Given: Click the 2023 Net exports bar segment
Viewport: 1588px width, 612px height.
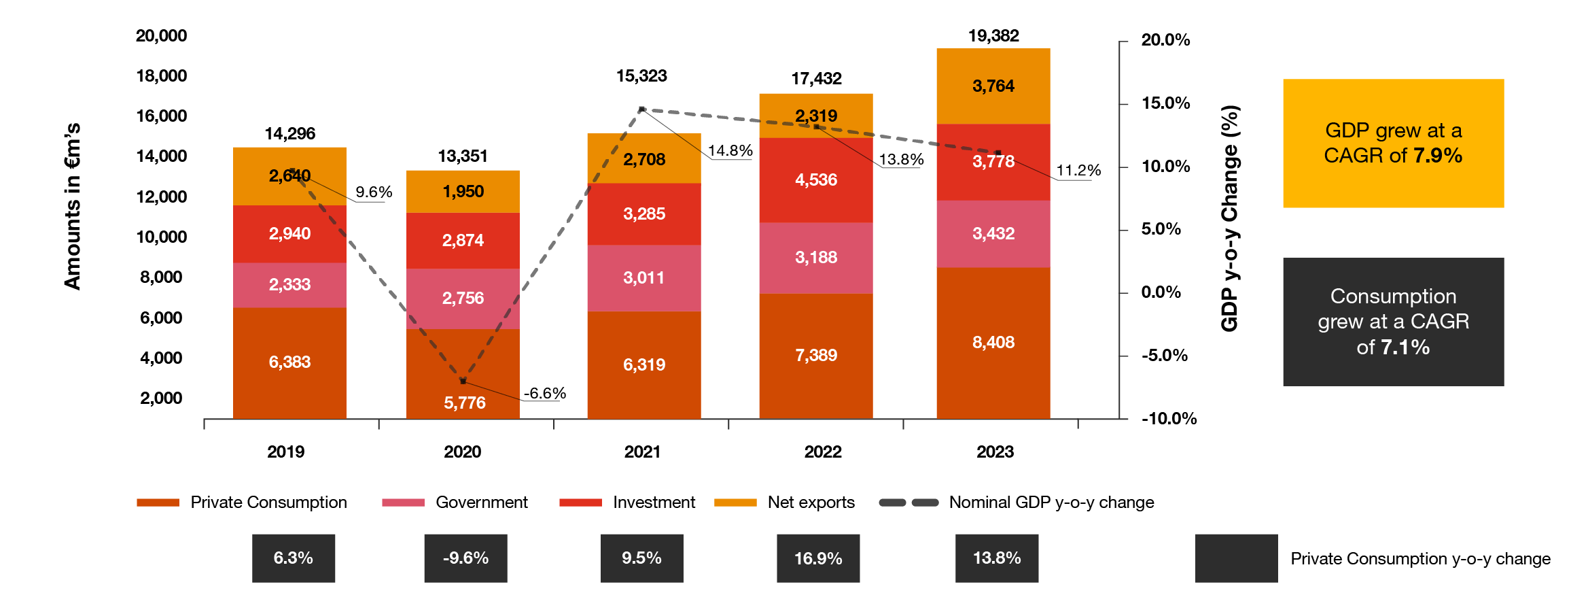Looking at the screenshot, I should (993, 86).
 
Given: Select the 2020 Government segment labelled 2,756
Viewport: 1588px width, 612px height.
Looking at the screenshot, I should (463, 298).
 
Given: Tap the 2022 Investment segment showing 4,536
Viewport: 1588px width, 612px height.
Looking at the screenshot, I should (815, 180).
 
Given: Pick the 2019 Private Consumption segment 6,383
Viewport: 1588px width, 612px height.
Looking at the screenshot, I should (289, 362).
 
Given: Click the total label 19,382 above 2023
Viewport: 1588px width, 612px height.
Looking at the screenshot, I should (993, 35).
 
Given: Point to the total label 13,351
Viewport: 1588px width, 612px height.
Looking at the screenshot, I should (463, 156).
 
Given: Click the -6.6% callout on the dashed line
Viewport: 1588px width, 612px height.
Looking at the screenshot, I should (544, 393).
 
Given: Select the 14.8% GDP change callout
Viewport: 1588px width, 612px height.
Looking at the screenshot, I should (730, 150).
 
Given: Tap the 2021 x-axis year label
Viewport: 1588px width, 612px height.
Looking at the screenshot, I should (642, 452).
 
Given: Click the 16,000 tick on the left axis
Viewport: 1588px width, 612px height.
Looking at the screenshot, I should (161, 116).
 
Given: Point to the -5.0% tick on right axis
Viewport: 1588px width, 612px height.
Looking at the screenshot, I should (1165, 356).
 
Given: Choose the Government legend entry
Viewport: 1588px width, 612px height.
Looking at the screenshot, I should (455, 503).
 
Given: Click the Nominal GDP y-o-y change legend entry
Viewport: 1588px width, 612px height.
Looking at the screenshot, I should (1016, 503).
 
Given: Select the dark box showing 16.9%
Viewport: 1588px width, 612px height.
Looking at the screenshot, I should (818, 558).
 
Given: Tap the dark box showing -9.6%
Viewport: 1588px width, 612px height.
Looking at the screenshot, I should (465, 558).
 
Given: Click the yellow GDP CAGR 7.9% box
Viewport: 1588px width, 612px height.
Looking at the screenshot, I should (1393, 143).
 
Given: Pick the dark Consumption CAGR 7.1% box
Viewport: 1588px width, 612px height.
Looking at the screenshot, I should (1393, 322).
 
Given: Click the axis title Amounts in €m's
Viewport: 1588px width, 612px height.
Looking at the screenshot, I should (73, 207).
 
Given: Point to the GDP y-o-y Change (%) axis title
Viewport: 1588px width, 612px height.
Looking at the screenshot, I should (1230, 218).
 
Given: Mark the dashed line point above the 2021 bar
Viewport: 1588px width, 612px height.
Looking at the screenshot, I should (641, 109).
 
